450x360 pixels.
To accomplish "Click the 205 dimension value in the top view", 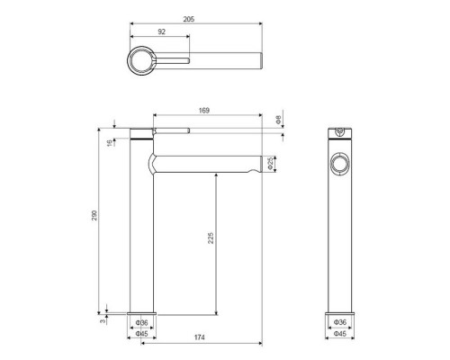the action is coord(189,19).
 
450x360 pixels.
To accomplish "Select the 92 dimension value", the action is coord(161,31).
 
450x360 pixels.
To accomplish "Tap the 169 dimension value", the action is coord(204,111).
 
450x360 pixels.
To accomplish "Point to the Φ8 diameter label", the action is coord(278,120).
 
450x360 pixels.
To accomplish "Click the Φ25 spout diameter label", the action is coord(271,164).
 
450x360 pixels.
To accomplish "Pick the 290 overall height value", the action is coord(94,215).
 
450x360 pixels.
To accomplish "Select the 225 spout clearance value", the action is coord(211,238).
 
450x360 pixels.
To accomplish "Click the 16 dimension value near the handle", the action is coord(111,142).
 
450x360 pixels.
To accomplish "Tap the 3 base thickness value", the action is coord(103,321).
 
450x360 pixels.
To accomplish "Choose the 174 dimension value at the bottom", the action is coord(200,337).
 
